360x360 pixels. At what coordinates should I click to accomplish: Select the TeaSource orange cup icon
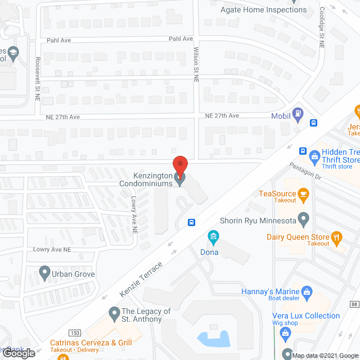[304, 195]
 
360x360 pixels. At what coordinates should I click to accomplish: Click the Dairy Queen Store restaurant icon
[336, 237]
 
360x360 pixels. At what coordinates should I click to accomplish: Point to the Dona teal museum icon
[213, 237]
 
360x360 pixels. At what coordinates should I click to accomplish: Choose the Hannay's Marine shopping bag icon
[307, 291]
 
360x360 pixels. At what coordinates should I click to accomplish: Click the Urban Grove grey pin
[45, 274]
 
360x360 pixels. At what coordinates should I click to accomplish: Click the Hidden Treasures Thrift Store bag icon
[314, 154]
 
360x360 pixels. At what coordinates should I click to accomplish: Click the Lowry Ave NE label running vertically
[134, 215]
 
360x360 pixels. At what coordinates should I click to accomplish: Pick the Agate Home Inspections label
[264, 10]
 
